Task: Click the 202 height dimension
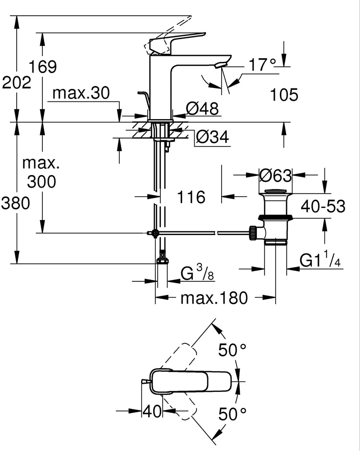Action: tap(16, 83)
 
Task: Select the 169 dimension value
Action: tap(43, 67)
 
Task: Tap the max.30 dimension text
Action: tap(81, 93)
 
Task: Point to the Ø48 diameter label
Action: tap(202, 108)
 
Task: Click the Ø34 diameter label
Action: tap(213, 137)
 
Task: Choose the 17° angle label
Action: tap(262, 64)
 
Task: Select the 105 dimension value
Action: tap(284, 95)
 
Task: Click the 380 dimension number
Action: tap(15, 203)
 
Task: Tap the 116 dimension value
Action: tap(191, 197)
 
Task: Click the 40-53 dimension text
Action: tap(323, 206)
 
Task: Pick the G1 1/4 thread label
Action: tap(320, 259)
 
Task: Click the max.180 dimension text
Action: tap(214, 298)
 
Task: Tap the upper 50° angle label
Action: tap(232, 350)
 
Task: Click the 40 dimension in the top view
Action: tap(152, 411)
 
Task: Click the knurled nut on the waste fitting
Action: tap(253, 233)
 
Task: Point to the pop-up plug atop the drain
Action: tap(275, 191)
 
